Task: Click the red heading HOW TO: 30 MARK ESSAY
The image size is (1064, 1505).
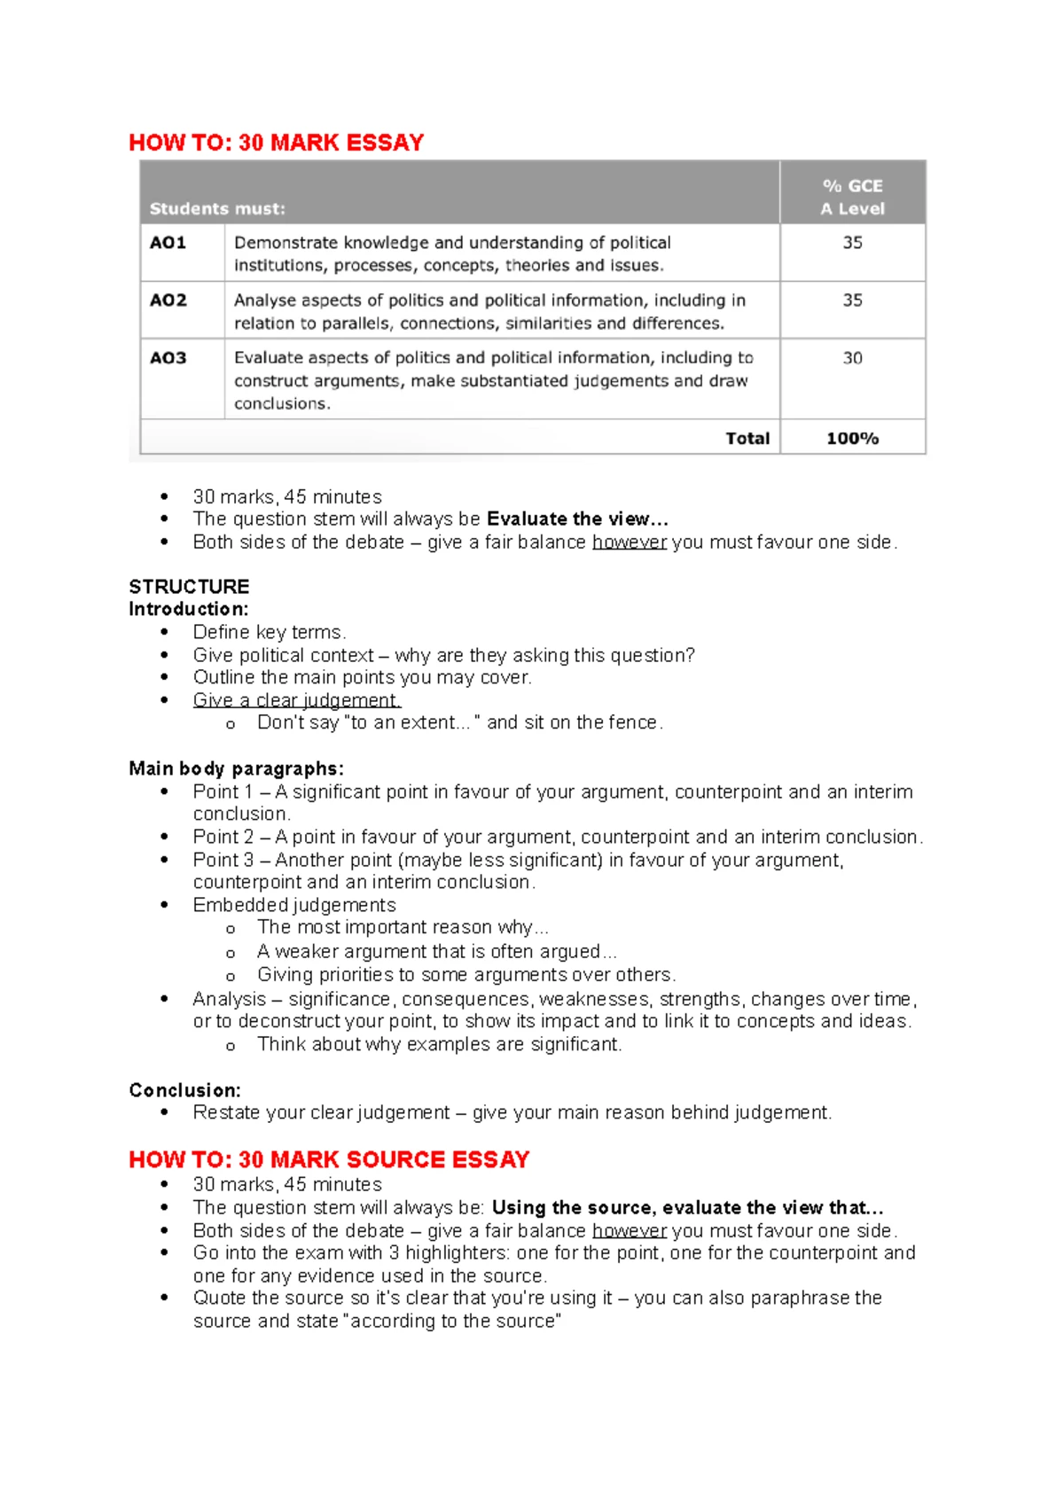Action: pyautogui.click(x=276, y=143)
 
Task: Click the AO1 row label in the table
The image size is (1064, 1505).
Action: pyautogui.click(x=168, y=243)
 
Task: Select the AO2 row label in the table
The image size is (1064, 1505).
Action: pyautogui.click(x=168, y=300)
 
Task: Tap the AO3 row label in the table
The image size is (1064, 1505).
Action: pyautogui.click(x=168, y=358)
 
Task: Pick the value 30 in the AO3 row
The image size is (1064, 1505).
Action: pyautogui.click(x=852, y=358)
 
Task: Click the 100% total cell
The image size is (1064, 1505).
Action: pyautogui.click(x=852, y=438)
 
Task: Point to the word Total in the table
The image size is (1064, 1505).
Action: pyautogui.click(x=747, y=438)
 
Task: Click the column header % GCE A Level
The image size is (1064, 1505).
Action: pyautogui.click(x=852, y=197)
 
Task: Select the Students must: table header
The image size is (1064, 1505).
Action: pyautogui.click(x=217, y=209)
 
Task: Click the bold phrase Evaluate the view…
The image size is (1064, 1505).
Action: pyautogui.click(x=577, y=519)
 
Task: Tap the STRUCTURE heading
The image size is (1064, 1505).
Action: pyautogui.click(x=189, y=587)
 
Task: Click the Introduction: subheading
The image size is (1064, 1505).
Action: pyautogui.click(x=188, y=609)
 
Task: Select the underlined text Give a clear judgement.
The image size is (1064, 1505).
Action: pyautogui.click(x=296, y=700)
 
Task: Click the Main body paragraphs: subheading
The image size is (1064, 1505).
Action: pyautogui.click(x=236, y=768)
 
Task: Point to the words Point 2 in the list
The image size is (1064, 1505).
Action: pyautogui.click(x=223, y=837)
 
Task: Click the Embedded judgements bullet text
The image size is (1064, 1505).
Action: pyautogui.click(x=294, y=905)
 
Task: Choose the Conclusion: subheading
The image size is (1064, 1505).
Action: pyautogui.click(x=184, y=1090)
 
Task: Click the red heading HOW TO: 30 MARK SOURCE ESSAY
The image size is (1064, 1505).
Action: pyautogui.click(x=328, y=1159)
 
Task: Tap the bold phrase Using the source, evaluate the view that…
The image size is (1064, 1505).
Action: pyautogui.click(x=687, y=1207)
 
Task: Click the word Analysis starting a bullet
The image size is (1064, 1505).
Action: pyautogui.click(x=229, y=999)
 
